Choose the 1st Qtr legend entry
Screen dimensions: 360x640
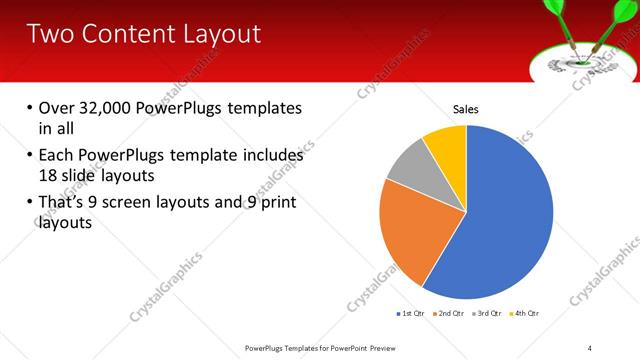(x=411, y=314)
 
